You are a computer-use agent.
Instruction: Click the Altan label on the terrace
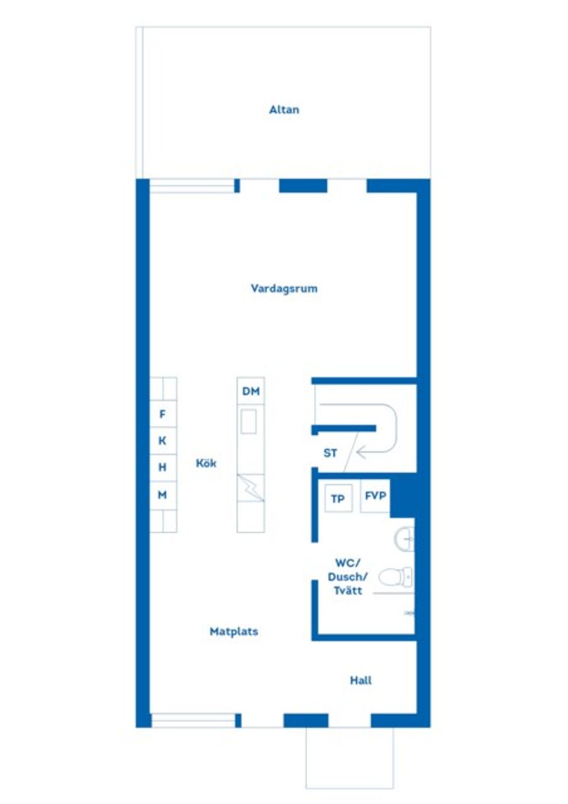point(284,109)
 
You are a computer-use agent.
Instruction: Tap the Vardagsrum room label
point(284,289)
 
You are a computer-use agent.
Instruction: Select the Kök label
point(206,463)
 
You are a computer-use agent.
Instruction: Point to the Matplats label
point(234,631)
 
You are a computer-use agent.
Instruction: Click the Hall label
point(360,680)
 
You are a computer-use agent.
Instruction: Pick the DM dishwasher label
point(251,391)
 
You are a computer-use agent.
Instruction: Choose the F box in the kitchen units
point(163,414)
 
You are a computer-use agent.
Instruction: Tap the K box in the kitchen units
point(163,441)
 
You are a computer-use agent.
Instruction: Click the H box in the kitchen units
point(163,467)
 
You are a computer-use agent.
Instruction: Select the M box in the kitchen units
point(163,495)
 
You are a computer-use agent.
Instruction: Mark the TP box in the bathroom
point(338,498)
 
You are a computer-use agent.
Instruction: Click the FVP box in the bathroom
point(375,496)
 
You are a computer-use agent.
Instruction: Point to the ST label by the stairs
point(330,453)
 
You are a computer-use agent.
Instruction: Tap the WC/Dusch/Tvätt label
point(347,577)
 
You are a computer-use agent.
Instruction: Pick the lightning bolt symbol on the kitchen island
point(251,488)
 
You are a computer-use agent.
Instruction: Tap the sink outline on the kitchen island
point(248,422)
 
